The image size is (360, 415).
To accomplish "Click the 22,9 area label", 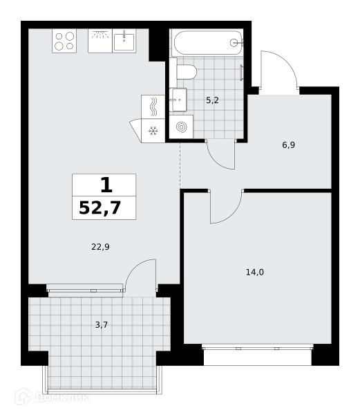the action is [x=100, y=247].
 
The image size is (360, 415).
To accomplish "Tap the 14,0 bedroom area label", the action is [x=255, y=272].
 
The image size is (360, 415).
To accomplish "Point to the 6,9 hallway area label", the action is [x=288, y=145].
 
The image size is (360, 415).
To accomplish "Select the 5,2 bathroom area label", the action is [x=212, y=100].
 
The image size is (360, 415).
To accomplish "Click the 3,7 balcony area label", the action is [x=102, y=325].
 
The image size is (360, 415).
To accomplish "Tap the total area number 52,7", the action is [x=100, y=208].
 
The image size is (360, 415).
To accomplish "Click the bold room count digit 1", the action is [x=106, y=185].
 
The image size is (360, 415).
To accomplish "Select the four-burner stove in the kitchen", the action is [x=64, y=41].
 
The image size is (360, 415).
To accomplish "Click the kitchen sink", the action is [x=124, y=41].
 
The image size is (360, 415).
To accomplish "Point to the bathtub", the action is [x=207, y=43].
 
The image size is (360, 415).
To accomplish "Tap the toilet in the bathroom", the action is [x=187, y=72].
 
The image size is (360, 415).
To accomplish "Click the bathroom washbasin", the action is [x=178, y=100].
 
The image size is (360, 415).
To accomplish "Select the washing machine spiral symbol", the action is [x=181, y=127].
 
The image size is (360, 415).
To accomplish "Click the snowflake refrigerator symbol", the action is [x=153, y=131].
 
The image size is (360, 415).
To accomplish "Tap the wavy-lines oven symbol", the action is [x=153, y=107].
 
